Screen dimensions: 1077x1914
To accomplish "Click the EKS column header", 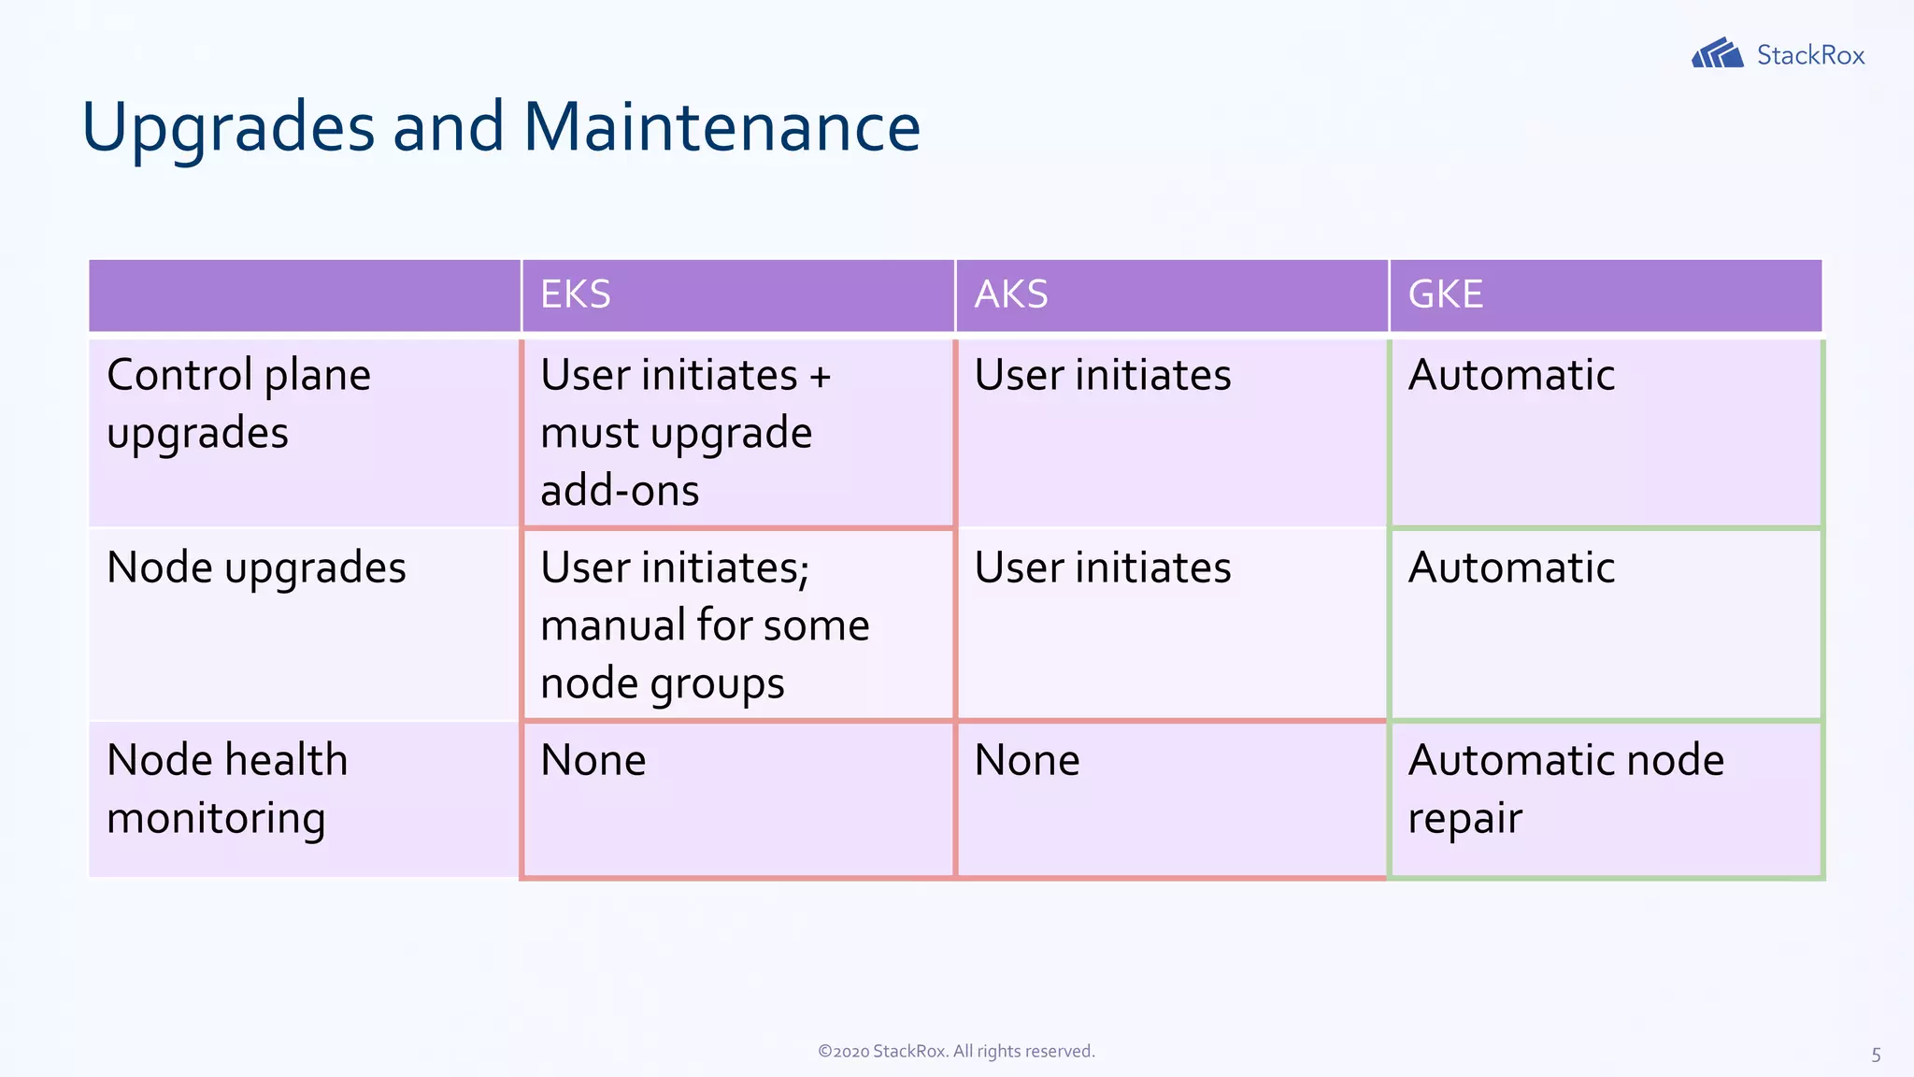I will [576, 294].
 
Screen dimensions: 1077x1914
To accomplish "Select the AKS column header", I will [1011, 294].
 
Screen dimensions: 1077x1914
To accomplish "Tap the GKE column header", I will [1445, 294].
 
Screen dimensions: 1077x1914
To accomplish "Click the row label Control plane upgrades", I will [239, 404].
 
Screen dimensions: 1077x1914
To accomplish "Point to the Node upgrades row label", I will [256, 567].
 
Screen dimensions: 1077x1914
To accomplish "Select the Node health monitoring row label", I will [227, 788].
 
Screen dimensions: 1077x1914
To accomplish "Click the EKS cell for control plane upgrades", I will [685, 432].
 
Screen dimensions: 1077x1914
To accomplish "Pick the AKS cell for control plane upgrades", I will [1103, 376].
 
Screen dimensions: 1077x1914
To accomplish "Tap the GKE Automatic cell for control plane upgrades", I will [1511, 376].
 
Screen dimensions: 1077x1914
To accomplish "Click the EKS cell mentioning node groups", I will [705, 625].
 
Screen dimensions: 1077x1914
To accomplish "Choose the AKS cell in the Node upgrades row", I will [1103, 567].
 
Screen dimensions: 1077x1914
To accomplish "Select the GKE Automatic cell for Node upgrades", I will [1511, 567].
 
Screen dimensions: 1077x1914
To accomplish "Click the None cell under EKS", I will [593, 760].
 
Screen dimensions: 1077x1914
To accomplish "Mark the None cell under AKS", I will [1027, 760].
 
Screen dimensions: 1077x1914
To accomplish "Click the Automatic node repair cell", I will [1565, 788].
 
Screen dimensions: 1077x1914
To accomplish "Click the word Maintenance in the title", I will [721, 127].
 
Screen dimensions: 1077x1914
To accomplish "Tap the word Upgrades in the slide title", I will [228, 127].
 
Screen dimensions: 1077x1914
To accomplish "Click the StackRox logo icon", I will [1717, 53].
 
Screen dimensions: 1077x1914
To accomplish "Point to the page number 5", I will [1876, 1055].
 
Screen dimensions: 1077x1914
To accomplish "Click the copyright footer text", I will [956, 1051].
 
